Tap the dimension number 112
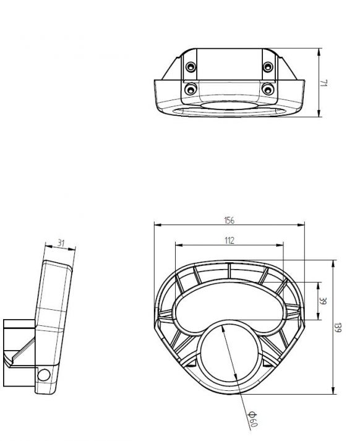click(228, 241)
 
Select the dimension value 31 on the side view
click(61, 243)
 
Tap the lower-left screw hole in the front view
click(191, 90)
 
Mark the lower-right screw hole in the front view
click(267, 90)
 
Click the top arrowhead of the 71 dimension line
click(318, 50)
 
